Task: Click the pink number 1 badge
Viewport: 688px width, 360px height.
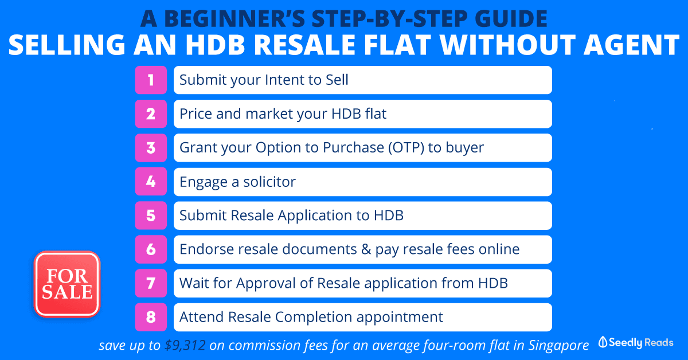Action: pos(151,80)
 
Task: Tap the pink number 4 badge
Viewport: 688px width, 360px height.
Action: pos(151,182)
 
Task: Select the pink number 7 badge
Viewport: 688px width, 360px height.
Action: pos(151,283)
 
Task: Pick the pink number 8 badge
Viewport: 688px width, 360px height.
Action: pos(151,317)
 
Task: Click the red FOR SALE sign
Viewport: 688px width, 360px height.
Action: pos(67,284)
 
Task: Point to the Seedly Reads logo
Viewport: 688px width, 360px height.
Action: pos(636,342)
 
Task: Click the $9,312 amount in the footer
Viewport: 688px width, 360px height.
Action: pos(185,345)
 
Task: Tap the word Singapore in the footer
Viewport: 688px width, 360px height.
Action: pos(558,346)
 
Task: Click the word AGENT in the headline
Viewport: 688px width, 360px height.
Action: pos(631,45)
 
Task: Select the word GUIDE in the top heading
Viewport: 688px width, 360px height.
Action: pos(511,19)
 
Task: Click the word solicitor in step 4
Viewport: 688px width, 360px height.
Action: pos(269,182)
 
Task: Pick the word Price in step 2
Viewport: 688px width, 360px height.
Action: pos(196,114)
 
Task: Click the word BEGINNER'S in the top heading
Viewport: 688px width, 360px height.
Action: pos(234,19)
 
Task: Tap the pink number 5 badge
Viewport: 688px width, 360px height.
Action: pos(151,216)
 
